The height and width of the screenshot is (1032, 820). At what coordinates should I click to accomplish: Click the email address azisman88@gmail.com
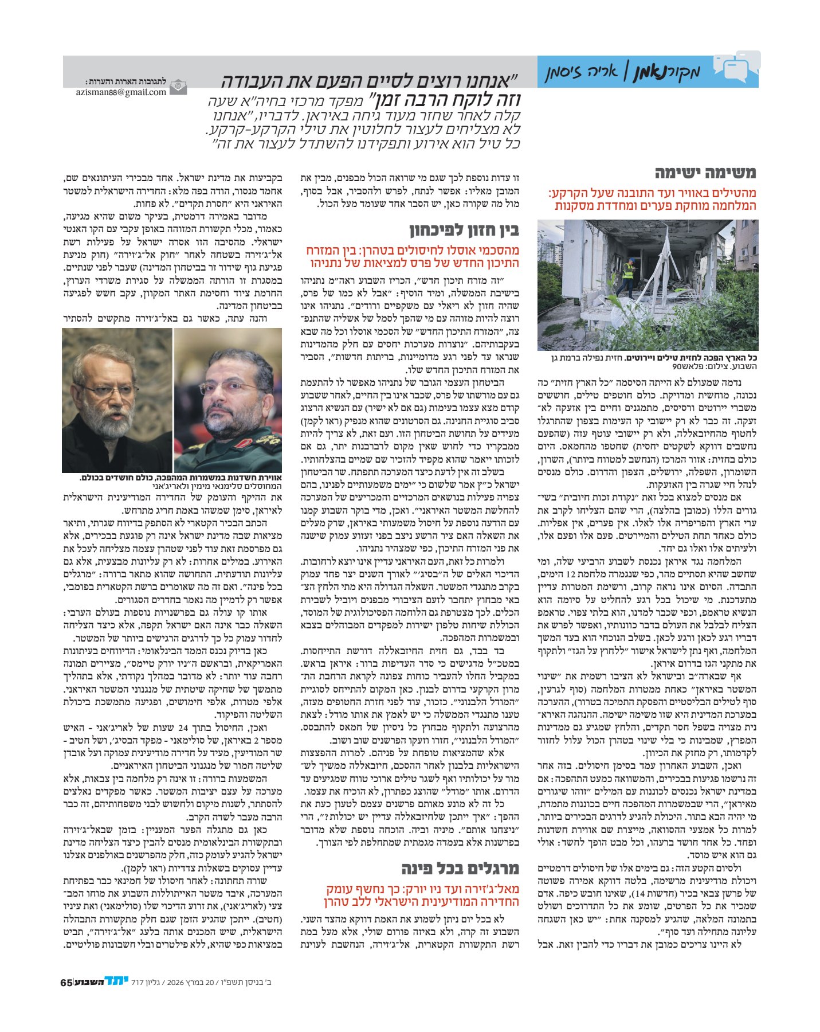pyautogui.click(x=121, y=92)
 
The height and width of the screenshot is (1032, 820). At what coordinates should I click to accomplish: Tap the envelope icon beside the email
pyautogui.click(x=178, y=87)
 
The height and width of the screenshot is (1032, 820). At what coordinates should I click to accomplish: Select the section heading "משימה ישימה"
pyautogui.click(x=705, y=173)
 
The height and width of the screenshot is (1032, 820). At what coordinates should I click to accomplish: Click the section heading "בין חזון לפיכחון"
pyautogui.click(x=464, y=230)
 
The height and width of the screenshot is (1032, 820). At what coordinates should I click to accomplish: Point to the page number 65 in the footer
pyautogui.click(x=66, y=982)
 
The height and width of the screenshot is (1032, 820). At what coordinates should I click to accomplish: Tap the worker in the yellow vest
pyautogui.click(x=629, y=275)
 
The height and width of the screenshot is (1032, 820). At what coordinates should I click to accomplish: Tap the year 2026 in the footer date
pyautogui.click(x=175, y=982)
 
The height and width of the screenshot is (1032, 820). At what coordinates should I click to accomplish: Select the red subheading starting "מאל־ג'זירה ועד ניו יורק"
pyautogui.click(x=422, y=895)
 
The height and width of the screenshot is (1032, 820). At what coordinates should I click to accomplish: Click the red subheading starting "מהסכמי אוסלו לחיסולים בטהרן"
pyautogui.click(x=413, y=257)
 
